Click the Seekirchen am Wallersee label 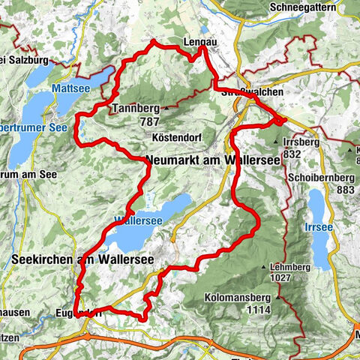click(x=82, y=259)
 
